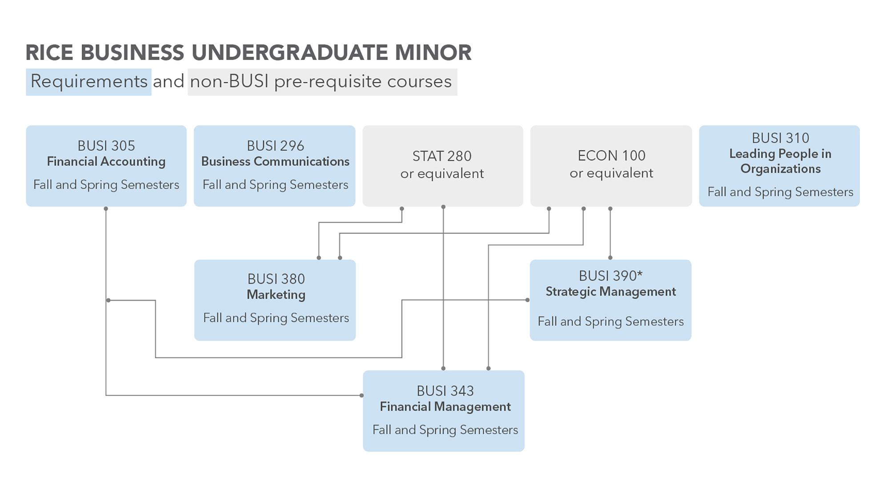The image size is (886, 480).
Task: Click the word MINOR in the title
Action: (433, 52)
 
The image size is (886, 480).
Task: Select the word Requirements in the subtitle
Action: (89, 81)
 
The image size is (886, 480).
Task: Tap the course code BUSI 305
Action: (106, 146)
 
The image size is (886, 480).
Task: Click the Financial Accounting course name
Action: (106, 161)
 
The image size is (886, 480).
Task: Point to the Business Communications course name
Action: (275, 161)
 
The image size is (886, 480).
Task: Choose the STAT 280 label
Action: (442, 156)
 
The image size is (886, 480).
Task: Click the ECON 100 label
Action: (611, 156)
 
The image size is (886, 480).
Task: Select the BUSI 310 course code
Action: (780, 138)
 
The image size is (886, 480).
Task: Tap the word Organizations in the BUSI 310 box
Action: (780, 169)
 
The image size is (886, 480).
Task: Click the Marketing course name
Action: (276, 295)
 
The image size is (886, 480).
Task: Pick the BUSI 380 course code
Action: (276, 279)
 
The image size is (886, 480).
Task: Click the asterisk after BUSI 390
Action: (640, 274)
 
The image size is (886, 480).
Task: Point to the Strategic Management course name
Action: (610, 292)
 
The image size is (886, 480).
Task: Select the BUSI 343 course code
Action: (445, 391)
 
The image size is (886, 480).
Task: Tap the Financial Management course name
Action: (445, 407)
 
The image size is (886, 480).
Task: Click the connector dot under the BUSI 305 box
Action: (106, 208)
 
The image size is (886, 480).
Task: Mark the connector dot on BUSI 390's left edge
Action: (527, 300)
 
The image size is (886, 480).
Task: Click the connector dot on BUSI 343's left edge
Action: (361, 395)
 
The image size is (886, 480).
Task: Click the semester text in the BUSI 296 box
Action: (275, 185)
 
